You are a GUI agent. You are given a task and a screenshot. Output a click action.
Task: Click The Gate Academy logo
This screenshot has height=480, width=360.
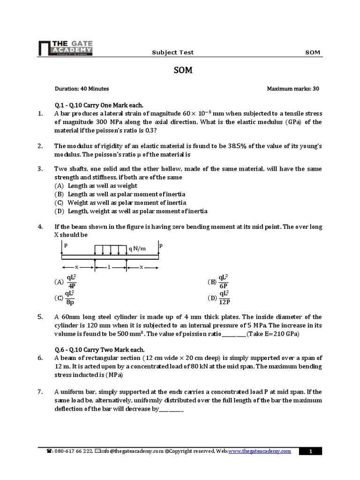tap(65, 47)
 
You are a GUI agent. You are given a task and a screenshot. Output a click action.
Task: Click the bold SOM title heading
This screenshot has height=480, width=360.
tap(180, 70)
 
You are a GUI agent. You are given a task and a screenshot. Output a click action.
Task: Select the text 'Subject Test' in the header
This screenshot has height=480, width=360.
tap(172, 52)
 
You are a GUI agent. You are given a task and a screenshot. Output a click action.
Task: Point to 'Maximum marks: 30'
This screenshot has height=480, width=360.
tap(293, 88)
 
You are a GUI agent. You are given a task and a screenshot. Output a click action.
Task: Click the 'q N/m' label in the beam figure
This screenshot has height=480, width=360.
tap(137, 248)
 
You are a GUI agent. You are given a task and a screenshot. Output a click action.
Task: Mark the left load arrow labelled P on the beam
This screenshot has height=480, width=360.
tap(62, 249)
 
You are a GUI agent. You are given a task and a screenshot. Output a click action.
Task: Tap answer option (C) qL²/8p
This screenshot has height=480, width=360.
tap(65, 297)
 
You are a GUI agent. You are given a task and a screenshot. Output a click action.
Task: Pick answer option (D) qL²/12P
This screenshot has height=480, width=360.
tap(219, 297)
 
